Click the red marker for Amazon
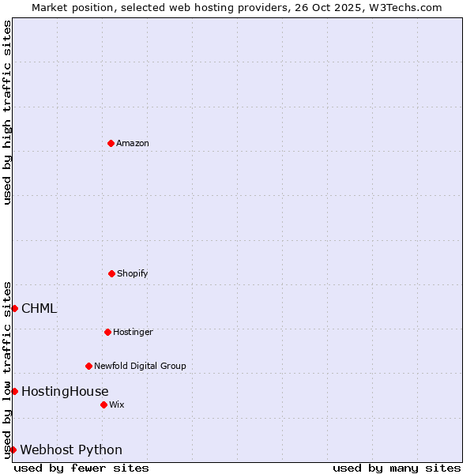[x=111, y=143]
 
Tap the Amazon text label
[x=133, y=144]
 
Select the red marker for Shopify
[x=111, y=273]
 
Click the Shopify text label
[x=133, y=274]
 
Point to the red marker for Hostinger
[x=107, y=332]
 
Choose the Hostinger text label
[x=133, y=333]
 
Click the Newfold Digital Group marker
[x=88, y=366]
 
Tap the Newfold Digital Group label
[x=140, y=367]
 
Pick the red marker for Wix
[x=103, y=404]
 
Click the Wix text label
[x=117, y=405]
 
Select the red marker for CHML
[x=14, y=308]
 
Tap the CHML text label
[x=39, y=309]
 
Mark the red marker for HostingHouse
[x=14, y=391]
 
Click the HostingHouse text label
[x=65, y=392]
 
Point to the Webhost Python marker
[x=13, y=450]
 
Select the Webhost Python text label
[x=71, y=450]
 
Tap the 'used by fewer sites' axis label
[x=81, y=468]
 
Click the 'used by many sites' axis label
[x=397, y=468]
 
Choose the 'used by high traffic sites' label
[x=7, y=112]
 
